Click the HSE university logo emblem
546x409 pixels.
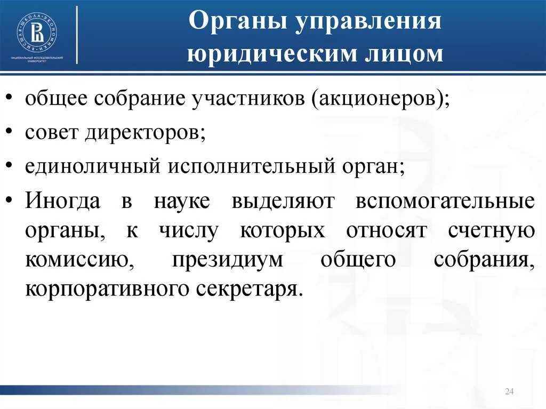37,31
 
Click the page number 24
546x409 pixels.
508,392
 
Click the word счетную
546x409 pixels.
491,231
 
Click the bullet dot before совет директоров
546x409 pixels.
11,133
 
